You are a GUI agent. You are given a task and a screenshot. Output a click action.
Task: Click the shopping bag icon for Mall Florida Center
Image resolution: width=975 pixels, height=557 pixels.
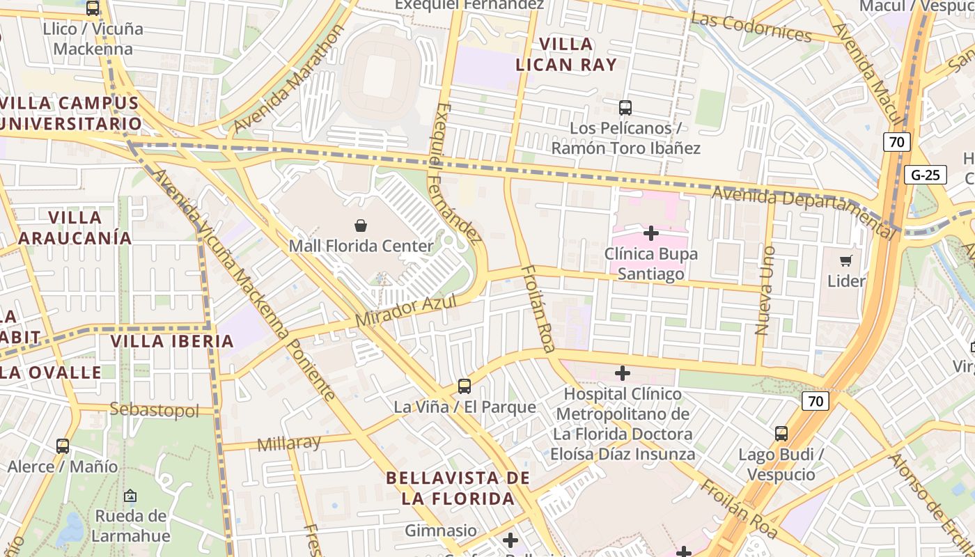(x=361, y=226)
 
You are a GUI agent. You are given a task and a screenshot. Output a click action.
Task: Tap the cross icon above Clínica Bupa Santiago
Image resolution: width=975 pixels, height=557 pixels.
(x=651, y=233)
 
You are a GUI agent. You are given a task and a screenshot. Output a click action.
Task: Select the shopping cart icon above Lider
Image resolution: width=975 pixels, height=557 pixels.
(x=846, y=261)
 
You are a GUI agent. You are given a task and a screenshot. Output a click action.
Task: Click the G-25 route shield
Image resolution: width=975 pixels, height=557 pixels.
(x=925, y=175)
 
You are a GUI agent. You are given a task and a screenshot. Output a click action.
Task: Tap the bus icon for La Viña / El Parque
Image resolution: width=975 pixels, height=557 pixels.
(x=465, y=386)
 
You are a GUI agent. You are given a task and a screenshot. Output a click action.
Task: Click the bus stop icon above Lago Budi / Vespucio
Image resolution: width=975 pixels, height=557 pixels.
(x=781, y=434)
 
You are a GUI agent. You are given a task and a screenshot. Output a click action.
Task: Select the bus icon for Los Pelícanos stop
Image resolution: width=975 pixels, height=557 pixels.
(x=625, y=108)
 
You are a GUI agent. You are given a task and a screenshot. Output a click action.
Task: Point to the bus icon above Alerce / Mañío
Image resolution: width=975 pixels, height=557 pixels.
(x=63, y=446)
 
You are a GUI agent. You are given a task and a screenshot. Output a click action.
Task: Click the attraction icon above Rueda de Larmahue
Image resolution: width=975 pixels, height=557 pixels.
(x=130, y=496)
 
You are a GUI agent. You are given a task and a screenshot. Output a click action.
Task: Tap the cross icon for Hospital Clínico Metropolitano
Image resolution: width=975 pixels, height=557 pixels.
(x=623, y=373)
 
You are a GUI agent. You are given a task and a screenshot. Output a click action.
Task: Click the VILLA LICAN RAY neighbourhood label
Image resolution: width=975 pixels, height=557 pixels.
(x=566, y=54)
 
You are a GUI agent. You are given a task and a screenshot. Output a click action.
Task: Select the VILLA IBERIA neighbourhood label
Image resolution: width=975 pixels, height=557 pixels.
(x=172, y=341)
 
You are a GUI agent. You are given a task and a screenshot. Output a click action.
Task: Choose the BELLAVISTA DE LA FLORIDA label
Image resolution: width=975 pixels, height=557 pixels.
(x=458, y=488)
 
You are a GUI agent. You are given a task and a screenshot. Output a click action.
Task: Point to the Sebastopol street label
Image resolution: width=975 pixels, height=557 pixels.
(x=154, y=409)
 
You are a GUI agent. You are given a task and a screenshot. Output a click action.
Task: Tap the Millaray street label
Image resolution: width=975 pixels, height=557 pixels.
(x=288, y=443)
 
